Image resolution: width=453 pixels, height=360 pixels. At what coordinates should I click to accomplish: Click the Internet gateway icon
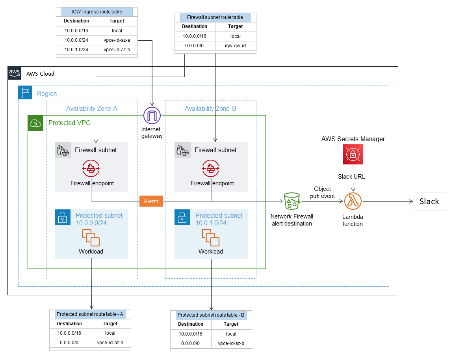click(x=151, y=116)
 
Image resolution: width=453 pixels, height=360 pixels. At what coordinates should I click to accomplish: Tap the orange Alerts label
click(x=151, y=201)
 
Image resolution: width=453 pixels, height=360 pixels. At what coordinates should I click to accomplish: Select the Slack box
click(x=429, y=201)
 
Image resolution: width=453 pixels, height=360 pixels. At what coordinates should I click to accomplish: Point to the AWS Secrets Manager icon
click(x=353, y=154)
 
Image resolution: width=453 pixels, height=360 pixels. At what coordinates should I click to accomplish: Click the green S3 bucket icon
click(x=291, y=201)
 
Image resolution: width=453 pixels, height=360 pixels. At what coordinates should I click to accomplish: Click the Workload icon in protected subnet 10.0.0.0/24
click(x=91, y=237)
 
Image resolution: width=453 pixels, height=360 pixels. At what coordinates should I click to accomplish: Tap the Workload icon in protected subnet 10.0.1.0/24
click(x=211, y=237)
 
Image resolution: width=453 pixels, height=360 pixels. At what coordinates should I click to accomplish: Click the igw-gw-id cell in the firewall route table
click(x=235, y=46)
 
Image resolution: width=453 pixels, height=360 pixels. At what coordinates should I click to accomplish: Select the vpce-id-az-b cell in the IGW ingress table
click(x=117, y=49)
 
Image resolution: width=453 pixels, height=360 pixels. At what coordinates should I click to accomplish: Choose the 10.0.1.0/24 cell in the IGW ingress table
click(x=76, y=49)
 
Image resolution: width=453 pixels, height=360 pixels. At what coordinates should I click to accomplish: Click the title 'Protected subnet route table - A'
click(x=90, y=314)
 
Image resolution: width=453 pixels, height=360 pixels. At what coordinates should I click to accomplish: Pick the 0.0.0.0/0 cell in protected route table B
click(x=190, y=343)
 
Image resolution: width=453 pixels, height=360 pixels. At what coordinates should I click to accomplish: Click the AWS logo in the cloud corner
click(x=15, y=73)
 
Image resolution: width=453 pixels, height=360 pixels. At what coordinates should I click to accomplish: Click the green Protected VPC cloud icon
click(x=35, y=123)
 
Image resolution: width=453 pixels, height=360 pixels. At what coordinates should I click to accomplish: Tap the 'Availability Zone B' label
click(x=210, y=108)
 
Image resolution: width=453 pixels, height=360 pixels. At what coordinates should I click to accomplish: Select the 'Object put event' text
click(x=322, y=192)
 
